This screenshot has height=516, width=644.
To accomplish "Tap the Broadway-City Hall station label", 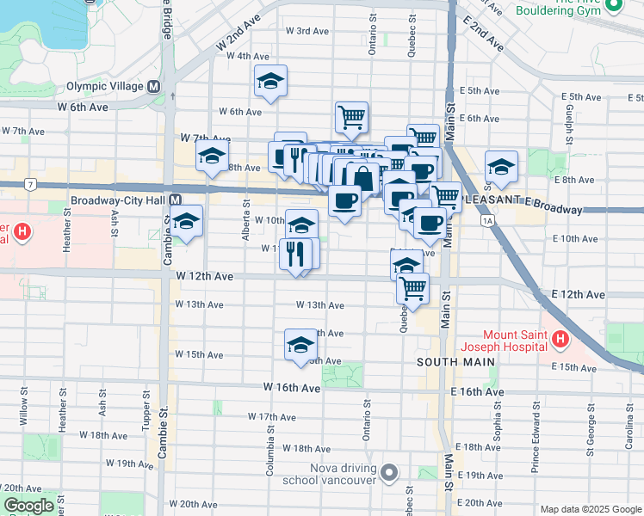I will point(120,200).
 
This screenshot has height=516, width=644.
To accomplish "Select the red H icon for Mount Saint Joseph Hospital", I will point(560,341).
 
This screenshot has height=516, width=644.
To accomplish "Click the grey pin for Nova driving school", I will point(390,473).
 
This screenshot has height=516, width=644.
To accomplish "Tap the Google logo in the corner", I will point(28,507).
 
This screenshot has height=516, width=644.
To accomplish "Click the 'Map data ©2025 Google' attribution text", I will point(590,509).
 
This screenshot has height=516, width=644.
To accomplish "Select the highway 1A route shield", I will point(489,221).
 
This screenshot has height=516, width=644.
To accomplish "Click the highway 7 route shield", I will point(30,184).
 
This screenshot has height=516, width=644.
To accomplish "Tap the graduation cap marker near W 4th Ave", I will point(270,82).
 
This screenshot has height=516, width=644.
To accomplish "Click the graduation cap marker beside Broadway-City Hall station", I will point(186,221).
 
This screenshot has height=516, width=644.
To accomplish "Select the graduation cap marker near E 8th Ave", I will point(501,167).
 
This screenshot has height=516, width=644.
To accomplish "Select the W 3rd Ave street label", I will point(308,31).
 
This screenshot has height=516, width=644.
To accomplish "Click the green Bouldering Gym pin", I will point(614,7).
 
